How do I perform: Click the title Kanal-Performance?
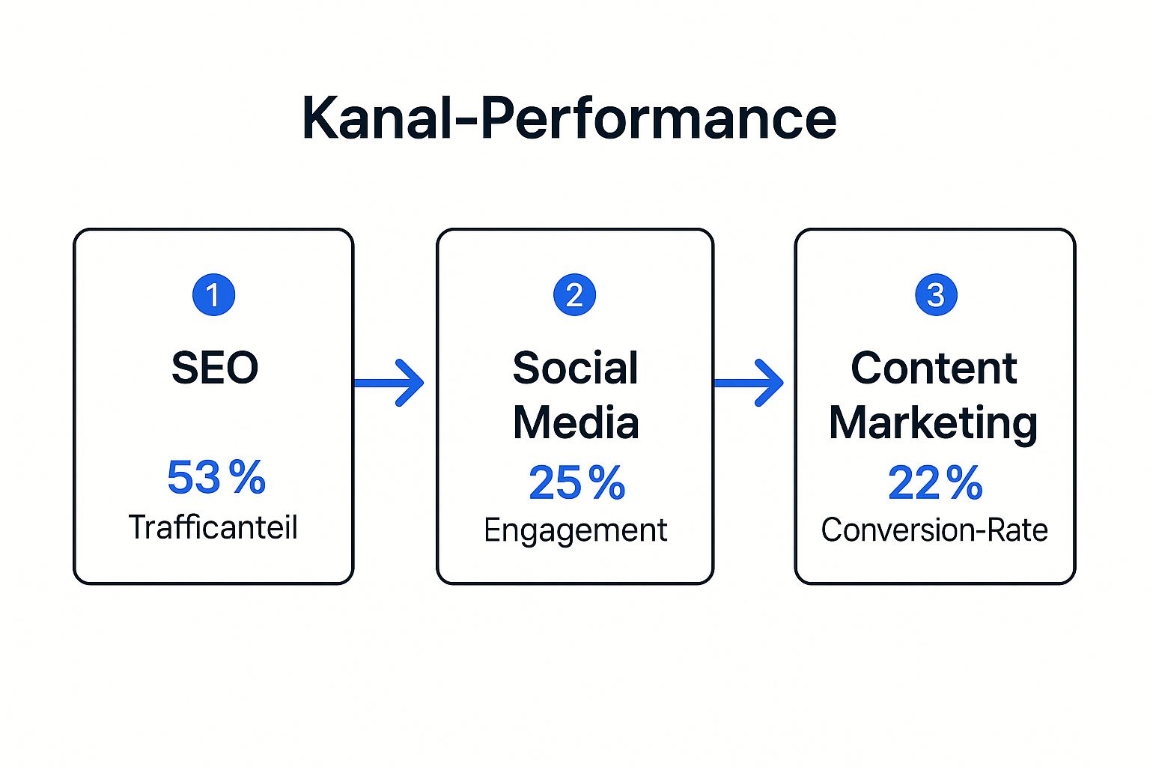[569, 118]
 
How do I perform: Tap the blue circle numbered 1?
[213, 294]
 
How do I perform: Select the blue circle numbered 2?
[574, 294]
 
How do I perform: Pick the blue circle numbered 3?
[936, 294]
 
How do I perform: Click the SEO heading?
[215, 368]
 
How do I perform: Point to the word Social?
[575, 368]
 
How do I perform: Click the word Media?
[575, 422]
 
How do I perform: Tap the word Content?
[934, 368]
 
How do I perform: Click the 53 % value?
[216, 477]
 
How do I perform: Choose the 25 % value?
[576, 482]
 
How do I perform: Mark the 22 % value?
[934, 482]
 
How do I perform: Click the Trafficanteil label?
[213, 527]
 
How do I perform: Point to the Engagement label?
[575, 531]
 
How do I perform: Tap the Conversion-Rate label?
[934, 530]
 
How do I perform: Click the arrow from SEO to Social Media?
[389, 383]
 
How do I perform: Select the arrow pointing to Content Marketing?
[749, 383]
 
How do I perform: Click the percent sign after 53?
[247, 477]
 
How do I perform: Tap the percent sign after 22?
[964, 482]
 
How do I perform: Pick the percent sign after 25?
[607, 482]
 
